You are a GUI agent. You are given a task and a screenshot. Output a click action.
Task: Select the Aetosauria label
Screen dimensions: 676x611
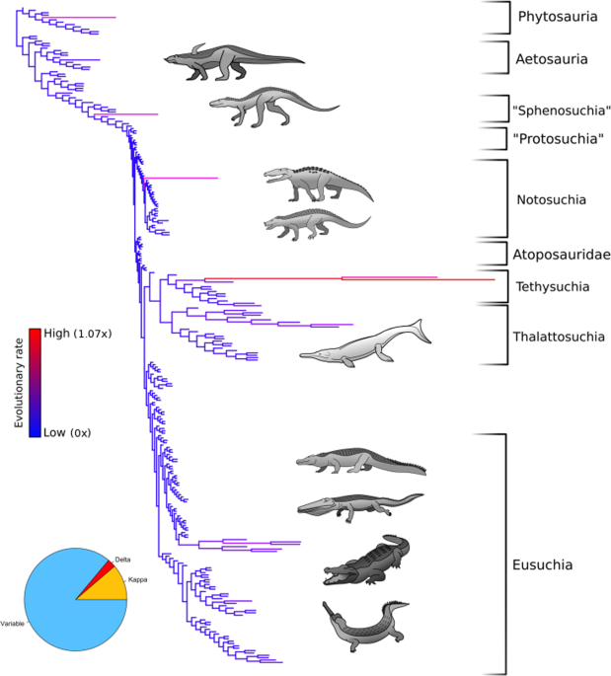point(552,59)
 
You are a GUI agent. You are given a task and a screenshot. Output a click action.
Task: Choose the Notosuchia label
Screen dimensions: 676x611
point(552,200)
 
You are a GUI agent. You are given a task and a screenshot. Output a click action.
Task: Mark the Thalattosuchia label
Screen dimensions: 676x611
point(559,337)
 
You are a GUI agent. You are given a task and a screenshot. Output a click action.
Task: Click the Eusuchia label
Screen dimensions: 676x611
point(543,566)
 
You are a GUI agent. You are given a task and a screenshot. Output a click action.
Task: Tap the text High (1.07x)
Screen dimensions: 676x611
point(78,334)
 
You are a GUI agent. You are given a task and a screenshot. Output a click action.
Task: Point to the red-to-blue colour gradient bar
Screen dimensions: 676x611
point(35,382)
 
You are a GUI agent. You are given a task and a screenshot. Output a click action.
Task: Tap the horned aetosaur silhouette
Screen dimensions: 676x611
point(231,61)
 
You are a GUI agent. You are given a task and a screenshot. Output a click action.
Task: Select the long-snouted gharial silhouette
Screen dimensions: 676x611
point(368,627)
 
